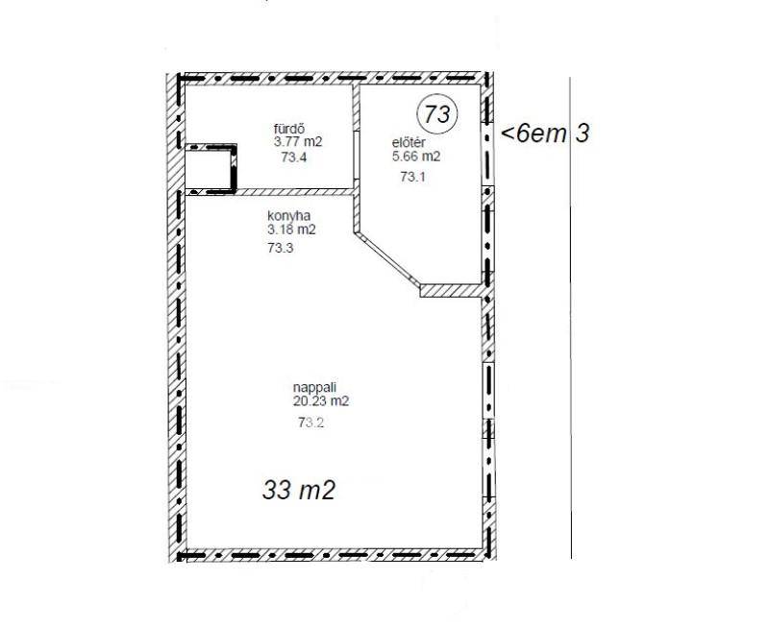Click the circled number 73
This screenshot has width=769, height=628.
pyautogui.click(x=436, y=114)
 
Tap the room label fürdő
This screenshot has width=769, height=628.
pyautogui.click(x=289, y=130)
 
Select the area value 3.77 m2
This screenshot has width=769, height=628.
pyautogui.click(x=298, y=142)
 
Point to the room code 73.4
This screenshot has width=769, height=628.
pyautogui.click(x=294, y=157)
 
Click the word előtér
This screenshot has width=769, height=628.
pyautogui.click(x=408, y=143)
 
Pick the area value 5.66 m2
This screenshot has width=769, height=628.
pyautogui.click(x=416, y=157)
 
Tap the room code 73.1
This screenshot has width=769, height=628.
pyautogui.click(x=412, y=177)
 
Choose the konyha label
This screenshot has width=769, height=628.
pyautogui.click(x=289, y=215)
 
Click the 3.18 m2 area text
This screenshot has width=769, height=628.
pyautogui.click(x=291, y=229)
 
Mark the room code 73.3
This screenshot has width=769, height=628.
pyautogui.click(x=280, y=248)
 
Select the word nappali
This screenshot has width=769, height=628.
pyautogui.click(x=314, y=388)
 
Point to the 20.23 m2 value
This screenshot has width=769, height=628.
pyautogui.click(x=321, y=401)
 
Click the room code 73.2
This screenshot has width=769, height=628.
pyautogui.click(x=310, y=423)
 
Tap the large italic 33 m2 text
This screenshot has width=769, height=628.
pyautogui.click(x=298, y=490)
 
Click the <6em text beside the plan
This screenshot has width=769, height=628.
pyautogui.click(x=533, y=133)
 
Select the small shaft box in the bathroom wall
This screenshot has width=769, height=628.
pyautogui.click(x=211, y=168)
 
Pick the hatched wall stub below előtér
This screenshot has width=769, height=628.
pyautogui.click(x=451, y=291)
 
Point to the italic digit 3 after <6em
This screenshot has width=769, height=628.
pyautogui.click(x=582, y=133)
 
